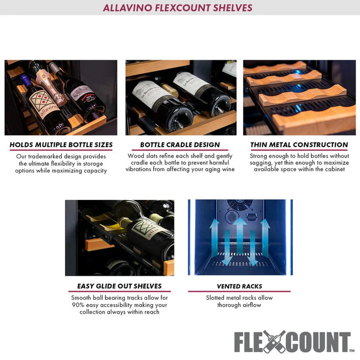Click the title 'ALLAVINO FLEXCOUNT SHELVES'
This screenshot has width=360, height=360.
pyautogui.click(x=180, y=8)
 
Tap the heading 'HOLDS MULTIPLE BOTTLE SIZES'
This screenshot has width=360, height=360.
pyautogui.click(x=61, y=145)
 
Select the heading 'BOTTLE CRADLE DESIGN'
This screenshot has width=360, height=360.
pyautogui.click(x=180, y=145)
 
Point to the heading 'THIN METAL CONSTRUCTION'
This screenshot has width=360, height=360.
pyautogui.click(x=299, y=145)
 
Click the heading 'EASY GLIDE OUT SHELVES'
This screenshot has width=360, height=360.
pyautogui.click(x=119, y=286)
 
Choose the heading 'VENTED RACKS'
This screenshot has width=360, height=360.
pyautogui.click(x=239, y=286)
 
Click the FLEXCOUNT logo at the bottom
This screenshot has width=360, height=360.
pyautogui.click(x=292, y=342)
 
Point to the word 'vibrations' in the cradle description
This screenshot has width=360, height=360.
pyautogui.click(x=143, y=170)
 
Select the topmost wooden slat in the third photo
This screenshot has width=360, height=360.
pyautogui.click(x=276, y=67)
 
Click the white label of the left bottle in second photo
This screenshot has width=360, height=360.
pyautogui.click(x=153, y=92)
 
